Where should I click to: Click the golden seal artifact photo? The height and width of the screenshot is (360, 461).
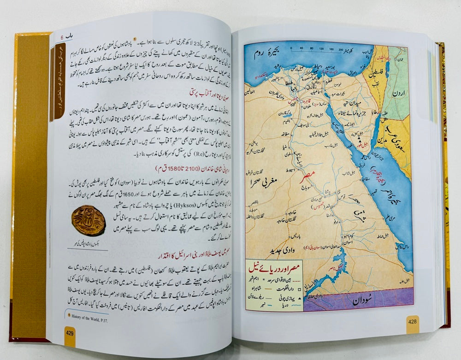[89, 220]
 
